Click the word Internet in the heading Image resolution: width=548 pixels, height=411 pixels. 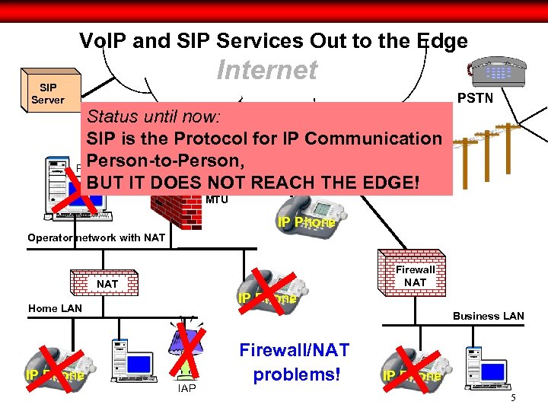266,70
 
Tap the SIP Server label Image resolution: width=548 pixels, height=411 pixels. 47,94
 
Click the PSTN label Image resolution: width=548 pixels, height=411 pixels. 475,98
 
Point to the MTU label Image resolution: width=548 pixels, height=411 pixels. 217,200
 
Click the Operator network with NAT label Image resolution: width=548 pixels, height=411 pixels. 96,237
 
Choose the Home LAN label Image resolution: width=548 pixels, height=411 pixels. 55,308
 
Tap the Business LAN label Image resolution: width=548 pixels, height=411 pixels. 488,316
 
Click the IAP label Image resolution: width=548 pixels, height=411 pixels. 186,389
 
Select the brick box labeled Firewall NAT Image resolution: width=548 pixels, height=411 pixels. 415,275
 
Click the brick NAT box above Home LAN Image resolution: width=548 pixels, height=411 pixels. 107,284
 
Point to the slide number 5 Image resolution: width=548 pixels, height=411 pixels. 513,399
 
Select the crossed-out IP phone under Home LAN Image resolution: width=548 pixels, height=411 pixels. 53,373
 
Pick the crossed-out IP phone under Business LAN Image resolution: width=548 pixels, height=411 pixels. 411,373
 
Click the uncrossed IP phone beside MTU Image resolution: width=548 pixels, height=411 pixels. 304,217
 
